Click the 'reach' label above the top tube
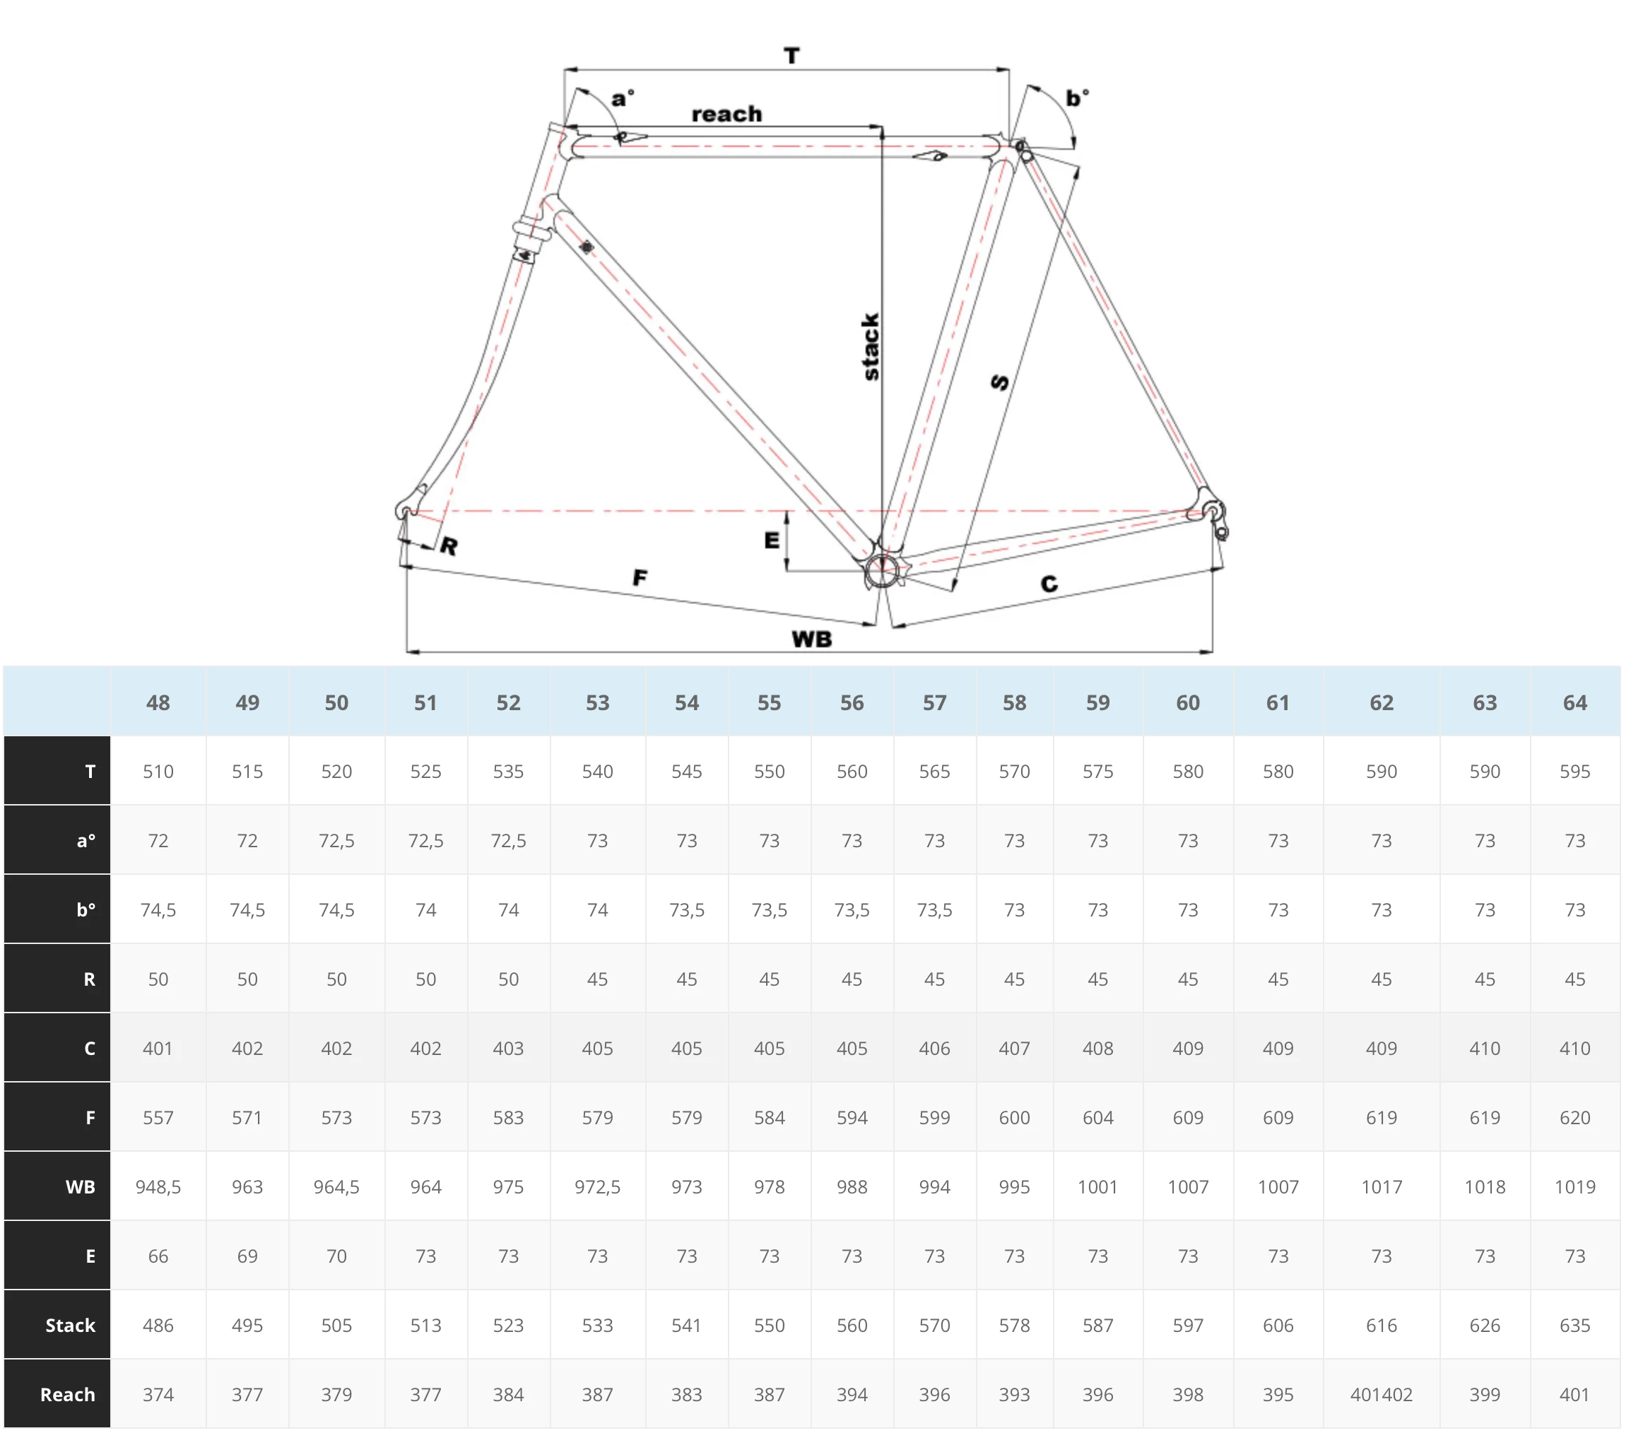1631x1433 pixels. point(726,114)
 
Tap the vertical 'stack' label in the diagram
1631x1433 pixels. point(871,346)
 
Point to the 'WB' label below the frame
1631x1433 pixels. point(811,639)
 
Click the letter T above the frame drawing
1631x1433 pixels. point(791,56)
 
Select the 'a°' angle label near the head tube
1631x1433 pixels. point(623,98)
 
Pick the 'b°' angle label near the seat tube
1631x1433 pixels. point(1077,98)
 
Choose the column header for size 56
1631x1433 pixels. point(852,703)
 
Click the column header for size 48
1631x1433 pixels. point(158,703)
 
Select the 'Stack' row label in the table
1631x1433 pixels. point(70,1326)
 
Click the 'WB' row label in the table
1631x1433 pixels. point(80,1187)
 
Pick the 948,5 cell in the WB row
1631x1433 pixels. point(158,1187)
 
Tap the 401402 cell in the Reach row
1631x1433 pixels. point(1382,1395)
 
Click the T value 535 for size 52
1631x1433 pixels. point(508,772)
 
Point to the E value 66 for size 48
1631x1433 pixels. point(158,1256)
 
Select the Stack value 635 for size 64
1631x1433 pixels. point(1575,1326)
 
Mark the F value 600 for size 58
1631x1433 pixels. point(1014,1118)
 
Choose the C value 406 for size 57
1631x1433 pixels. point(934,1049)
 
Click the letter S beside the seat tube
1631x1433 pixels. point(1000,382)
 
